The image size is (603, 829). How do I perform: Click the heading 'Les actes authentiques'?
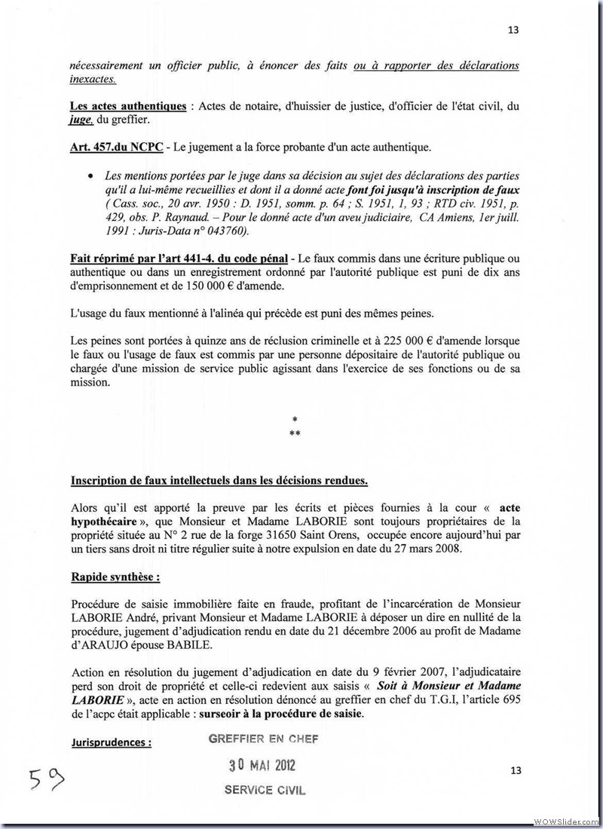128,106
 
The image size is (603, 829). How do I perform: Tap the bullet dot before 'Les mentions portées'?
91,175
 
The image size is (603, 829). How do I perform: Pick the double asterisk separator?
295,433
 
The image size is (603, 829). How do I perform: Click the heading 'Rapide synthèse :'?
115,577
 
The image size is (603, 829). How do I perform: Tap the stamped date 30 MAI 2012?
262,766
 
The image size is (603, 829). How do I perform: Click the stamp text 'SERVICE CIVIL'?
265,790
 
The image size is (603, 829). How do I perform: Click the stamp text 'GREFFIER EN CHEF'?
264,739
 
